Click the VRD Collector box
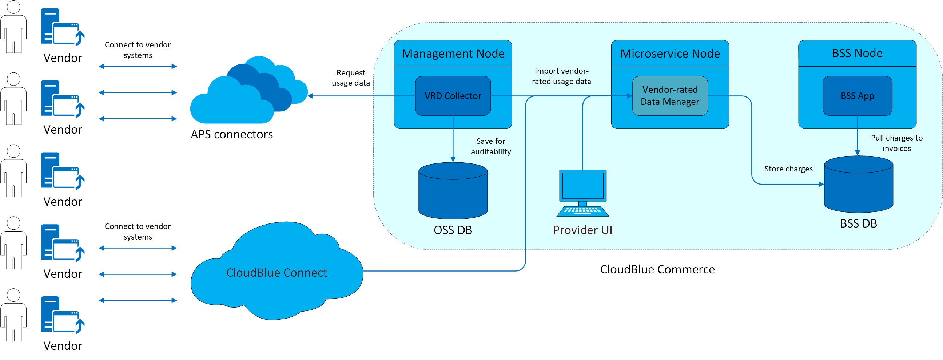click(453, 96)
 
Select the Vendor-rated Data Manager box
click(670, 96)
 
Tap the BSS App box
click(857, 96)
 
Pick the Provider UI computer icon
click(583, 193)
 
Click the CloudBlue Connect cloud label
click(276, 273)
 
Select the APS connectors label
click(232, 135)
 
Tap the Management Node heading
click(453, 54)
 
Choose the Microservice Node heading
click(670, 54)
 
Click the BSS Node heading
click(857, 54)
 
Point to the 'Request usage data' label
click(351, 78)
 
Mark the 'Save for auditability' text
click(490, 146)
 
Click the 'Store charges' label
click(788, 169)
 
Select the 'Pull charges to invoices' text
click(896, 143)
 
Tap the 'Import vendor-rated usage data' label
click(561, 76)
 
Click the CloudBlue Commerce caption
click(657, 269)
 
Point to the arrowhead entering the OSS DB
click(453, 160)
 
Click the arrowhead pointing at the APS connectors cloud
click(310, 96)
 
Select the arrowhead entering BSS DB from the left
click(821, 184)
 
